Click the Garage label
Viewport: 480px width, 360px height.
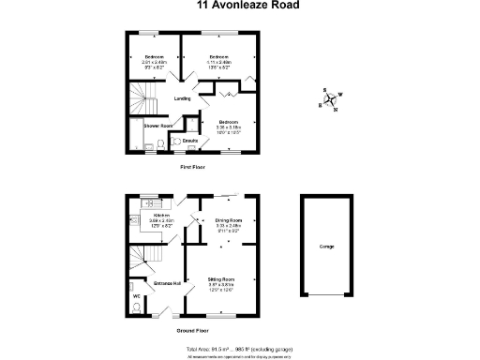click(327, 247)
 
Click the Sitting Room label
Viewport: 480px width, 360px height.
click(221, 279)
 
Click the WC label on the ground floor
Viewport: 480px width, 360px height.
click(136, 296)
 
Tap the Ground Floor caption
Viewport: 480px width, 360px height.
click(192, 331)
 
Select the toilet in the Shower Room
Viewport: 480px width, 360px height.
click(160, 142)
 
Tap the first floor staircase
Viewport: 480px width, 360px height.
click(139, 97)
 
